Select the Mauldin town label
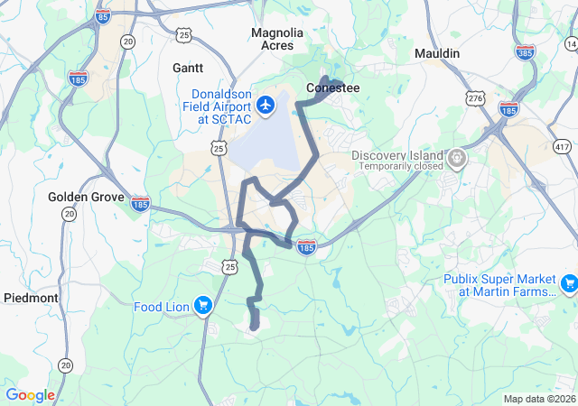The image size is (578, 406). [437, 54]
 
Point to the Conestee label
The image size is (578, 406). [333, 88]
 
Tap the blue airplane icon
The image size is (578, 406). [266, 106]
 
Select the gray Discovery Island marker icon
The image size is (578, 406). [458, 159]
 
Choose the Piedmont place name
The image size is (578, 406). [31, 298]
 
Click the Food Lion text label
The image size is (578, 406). [162, 307]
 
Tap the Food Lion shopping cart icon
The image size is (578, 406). [202, 307]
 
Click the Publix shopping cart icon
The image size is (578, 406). [568, 285]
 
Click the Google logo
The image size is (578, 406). [31, 395]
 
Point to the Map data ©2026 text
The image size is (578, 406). [539, 399]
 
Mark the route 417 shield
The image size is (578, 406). [563, 146]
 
